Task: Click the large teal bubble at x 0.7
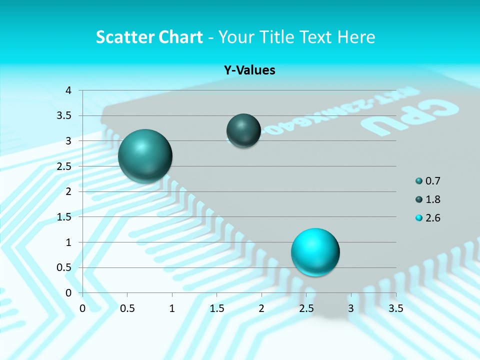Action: pyautogui.click(x=145, y=156)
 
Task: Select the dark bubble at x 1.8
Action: pyautogui.click(x=243, y=130)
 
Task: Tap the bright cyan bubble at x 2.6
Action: pyautogui.click(x=315, y=252)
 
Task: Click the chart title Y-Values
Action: pyautogui.click(x=249, y=70)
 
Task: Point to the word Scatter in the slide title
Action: pyautogui.click(x=125, y=37)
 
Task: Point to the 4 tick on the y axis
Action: pyautogui.click(x=69, y=90)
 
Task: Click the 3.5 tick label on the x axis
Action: pyautogui.click(x=396, y=308)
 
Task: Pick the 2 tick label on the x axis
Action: pyautogui.click(x=261, y=308)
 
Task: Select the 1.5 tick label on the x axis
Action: pyautogui.click(x=217, y=308)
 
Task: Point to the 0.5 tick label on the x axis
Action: pyautogui.click(x=127, y=308)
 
